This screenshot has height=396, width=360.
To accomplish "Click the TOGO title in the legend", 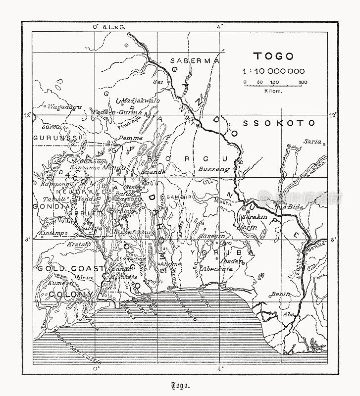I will tap(273, 56).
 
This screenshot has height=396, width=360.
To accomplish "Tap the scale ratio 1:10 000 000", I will tap(273, 71).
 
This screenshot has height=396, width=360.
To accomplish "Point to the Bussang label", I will tap(214, 169).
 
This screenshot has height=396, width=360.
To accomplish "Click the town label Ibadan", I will tap(234, 261).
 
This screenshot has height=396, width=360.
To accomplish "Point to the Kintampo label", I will tap(52, 232).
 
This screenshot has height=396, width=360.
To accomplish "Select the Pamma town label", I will tap(131, 137).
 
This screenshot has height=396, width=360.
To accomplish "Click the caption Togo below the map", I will tap(180, 386).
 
